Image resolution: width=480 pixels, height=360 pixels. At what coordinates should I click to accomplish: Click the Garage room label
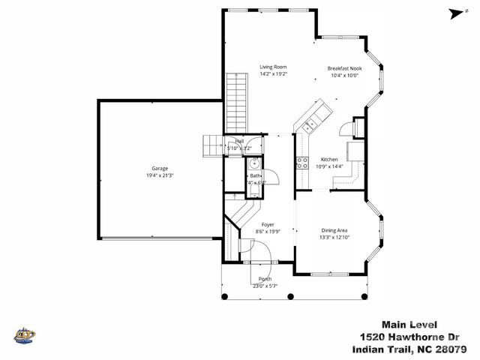point(159,169)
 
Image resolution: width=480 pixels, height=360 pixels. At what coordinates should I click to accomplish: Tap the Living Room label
point(273,67)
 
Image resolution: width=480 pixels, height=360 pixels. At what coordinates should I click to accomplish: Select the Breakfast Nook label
point(344,68)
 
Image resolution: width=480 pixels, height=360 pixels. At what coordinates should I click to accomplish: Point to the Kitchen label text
point(328,160)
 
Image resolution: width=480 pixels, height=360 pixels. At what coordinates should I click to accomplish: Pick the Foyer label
point(267,225)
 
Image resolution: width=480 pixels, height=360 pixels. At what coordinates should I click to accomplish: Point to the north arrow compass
point(453,12)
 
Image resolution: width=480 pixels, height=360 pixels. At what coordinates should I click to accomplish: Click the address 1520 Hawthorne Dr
point(409,337)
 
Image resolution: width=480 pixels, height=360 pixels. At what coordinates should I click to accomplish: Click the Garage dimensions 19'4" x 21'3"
point(159,175)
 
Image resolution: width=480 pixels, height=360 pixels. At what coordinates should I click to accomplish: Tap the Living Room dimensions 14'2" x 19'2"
point(273,73)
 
